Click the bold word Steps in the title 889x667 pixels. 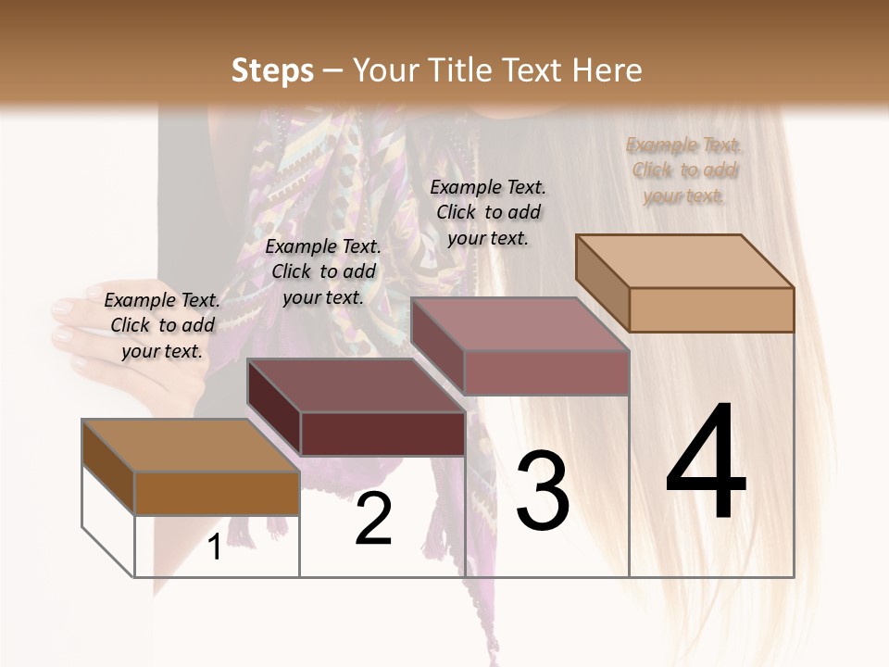coord(271,70)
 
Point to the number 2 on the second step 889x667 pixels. coord(373,519)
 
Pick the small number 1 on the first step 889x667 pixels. coord(215,547)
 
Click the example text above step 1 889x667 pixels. coord(162,325)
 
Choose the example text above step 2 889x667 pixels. coord(323,271)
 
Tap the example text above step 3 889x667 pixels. coord(488,212)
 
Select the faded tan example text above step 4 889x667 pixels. coord(683,170)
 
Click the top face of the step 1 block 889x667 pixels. coord(190,445)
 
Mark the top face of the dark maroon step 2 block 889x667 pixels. coord(357,384)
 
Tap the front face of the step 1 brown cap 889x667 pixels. coord(217,493)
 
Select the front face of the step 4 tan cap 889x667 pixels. coord(711,309)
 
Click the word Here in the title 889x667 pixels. coord(607,70)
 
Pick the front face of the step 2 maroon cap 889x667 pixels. coord(382,434)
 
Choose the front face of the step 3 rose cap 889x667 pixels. coord(546,372)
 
